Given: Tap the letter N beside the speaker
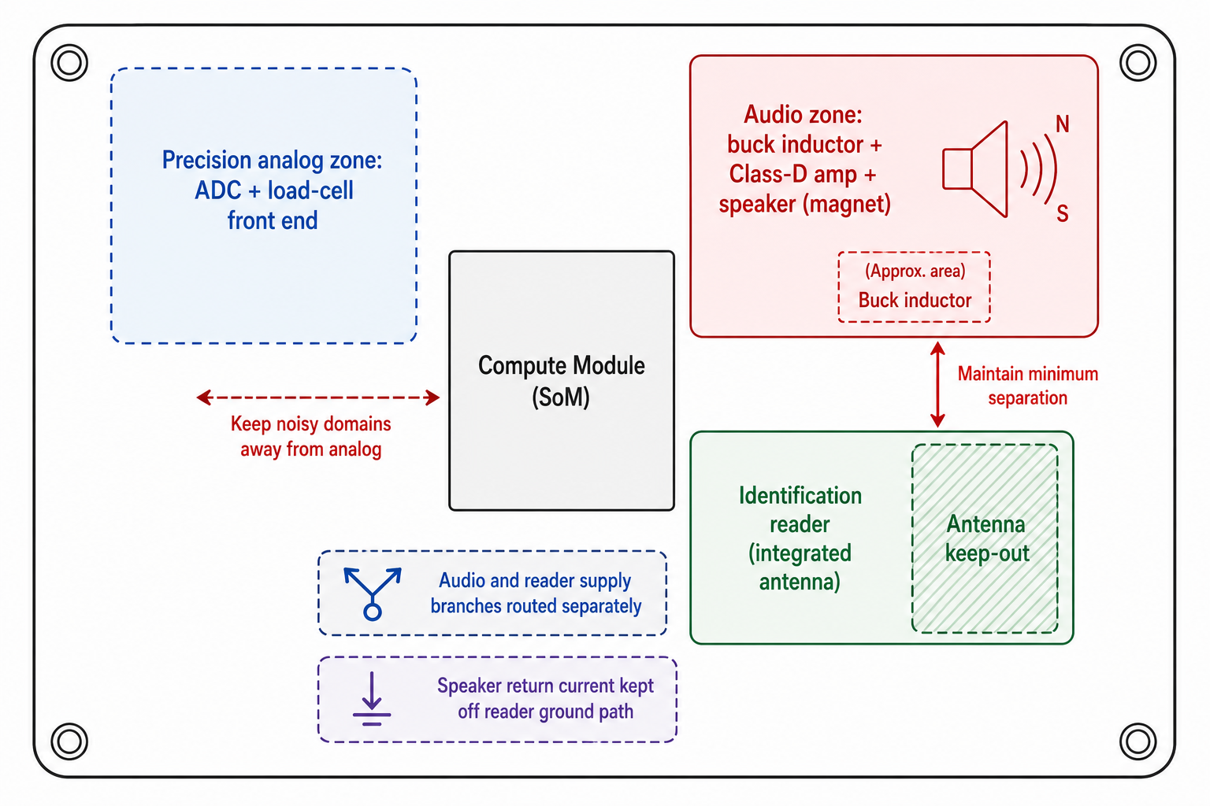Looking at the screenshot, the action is pos(1063,124).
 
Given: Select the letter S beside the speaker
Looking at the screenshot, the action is pos(1063,214).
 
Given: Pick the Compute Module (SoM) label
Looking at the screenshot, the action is pos(561,381).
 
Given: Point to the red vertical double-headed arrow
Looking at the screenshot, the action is pos(937,384).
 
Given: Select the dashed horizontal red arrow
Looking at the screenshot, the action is pos(317,397).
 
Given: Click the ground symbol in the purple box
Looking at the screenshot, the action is pos(372,699).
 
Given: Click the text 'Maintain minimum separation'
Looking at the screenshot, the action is pos(1027,386).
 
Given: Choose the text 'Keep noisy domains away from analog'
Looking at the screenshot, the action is pos(311,436).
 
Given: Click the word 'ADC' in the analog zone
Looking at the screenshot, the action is pos(217,190).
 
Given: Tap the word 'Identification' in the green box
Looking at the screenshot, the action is pos(800,496).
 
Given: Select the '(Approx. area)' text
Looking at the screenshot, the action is pos(915,271).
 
